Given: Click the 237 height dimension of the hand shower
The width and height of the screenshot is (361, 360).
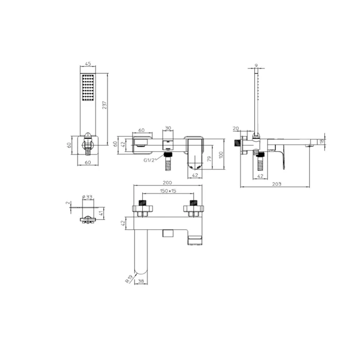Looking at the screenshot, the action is tap(105, 105).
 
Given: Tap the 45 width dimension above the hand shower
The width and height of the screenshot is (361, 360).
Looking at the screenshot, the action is tap(88, 64).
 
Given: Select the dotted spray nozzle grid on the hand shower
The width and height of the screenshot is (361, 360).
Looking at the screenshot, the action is tap(88, 88).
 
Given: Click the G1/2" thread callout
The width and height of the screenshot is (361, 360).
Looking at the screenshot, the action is tap(150, 160).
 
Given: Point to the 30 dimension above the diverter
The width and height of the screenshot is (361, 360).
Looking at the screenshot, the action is tap(168, 128).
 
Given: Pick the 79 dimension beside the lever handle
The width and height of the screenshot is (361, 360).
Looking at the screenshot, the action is tap(209, 159).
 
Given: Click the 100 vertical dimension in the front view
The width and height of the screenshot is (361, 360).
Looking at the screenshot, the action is tap(221, 155).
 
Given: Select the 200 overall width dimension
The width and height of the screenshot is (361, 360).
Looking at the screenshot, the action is tap(168, 183).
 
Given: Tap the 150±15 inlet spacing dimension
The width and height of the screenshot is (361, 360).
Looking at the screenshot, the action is tap(168, 191).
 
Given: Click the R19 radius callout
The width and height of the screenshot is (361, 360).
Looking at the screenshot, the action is tap(129, 279).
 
